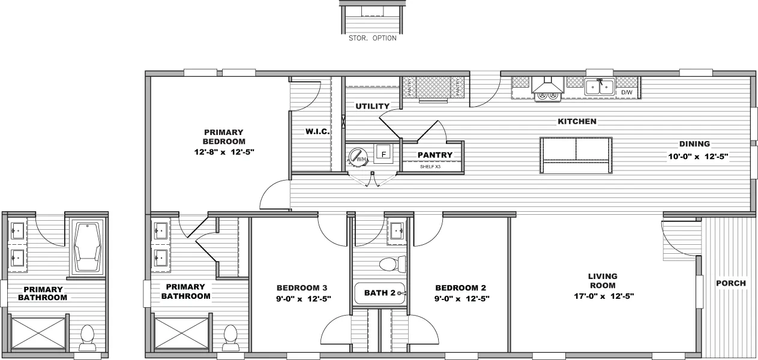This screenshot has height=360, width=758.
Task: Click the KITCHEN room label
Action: [577, 122]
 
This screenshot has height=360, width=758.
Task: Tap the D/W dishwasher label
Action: [627, 93]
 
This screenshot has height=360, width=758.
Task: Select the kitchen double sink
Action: [600, 87]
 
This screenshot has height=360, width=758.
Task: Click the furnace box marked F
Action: [384, 153]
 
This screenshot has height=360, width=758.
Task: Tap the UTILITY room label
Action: [372, 106]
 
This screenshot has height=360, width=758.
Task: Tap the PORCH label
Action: [731, 283]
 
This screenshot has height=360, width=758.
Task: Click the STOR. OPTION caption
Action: [372, 38]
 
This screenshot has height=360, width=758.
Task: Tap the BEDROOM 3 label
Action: [302, 287]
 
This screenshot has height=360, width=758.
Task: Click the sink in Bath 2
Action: [396, 231]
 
